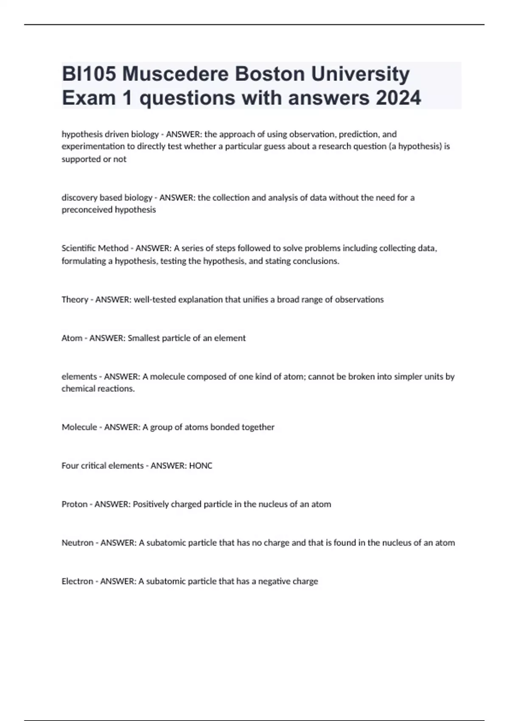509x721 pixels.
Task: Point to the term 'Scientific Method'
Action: point(95,248)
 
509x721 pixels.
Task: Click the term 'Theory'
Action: point(75,299)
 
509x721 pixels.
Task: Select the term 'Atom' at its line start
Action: point(72,338)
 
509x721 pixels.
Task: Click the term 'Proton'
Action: point(75,504)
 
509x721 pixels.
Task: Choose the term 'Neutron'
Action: point(77,543)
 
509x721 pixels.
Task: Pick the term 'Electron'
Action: point(77,581)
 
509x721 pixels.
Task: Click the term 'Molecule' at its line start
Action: point(79,427)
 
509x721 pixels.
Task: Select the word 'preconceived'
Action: point(84,210)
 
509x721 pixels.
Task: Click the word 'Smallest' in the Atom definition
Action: point(143,338)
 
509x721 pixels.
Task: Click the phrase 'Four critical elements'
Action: point(103,466)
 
